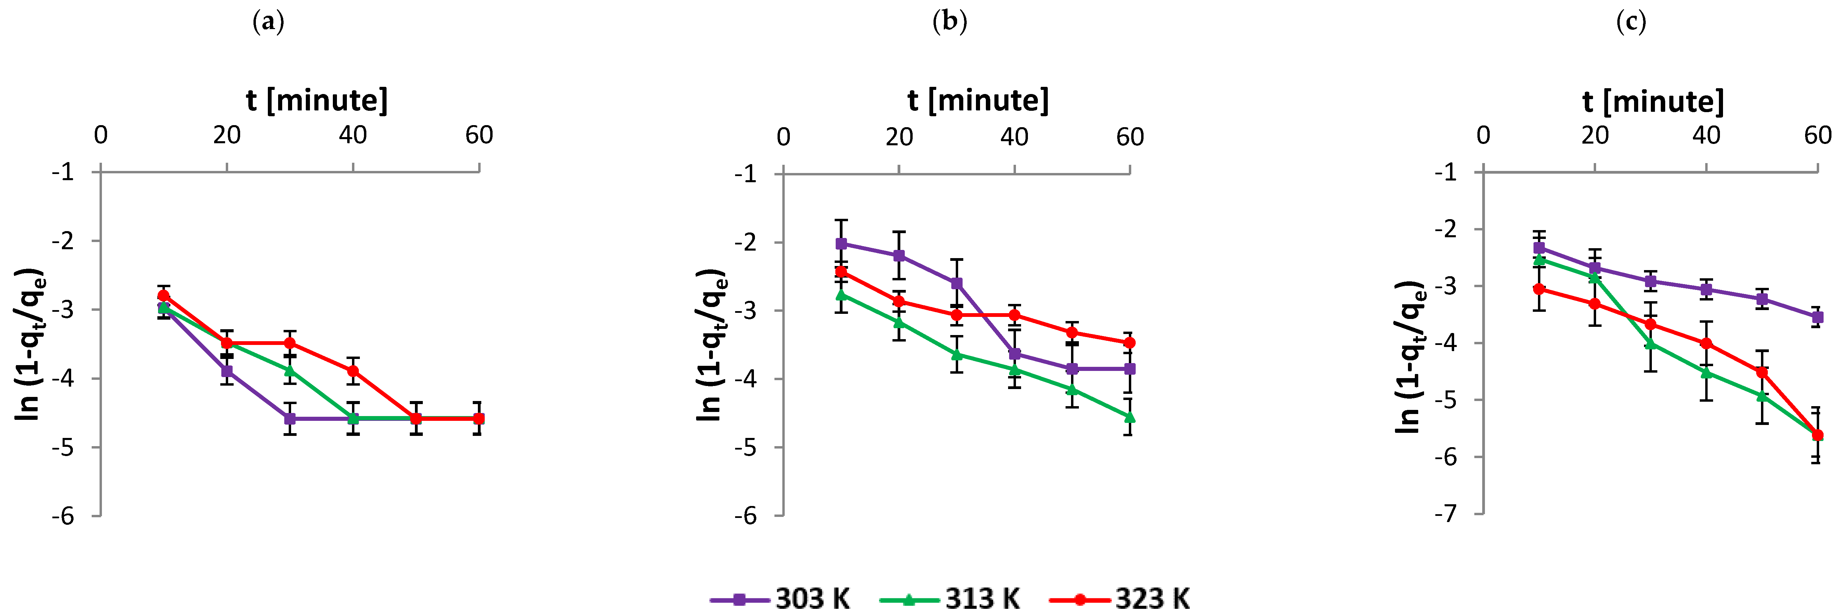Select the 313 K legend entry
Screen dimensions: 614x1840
(x=950, y=598)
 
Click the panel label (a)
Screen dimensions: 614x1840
(x=269, y=22)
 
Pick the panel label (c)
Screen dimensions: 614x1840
(x=1631, y=22)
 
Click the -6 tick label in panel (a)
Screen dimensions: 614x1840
(x=63, y=516)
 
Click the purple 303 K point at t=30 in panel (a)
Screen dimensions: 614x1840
(x=290, y=418)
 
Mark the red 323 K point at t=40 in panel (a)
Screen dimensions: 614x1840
(x=353, y=371)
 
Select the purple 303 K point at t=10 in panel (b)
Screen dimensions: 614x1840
(x=841, y=243)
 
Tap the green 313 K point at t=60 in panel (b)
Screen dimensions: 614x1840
(x=1129, y=417)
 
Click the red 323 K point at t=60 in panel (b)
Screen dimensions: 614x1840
(x=1129, y=343)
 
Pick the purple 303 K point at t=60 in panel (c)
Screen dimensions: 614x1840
(x=1818, y=317)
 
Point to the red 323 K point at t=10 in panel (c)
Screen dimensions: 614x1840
(x=1539, y=289)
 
